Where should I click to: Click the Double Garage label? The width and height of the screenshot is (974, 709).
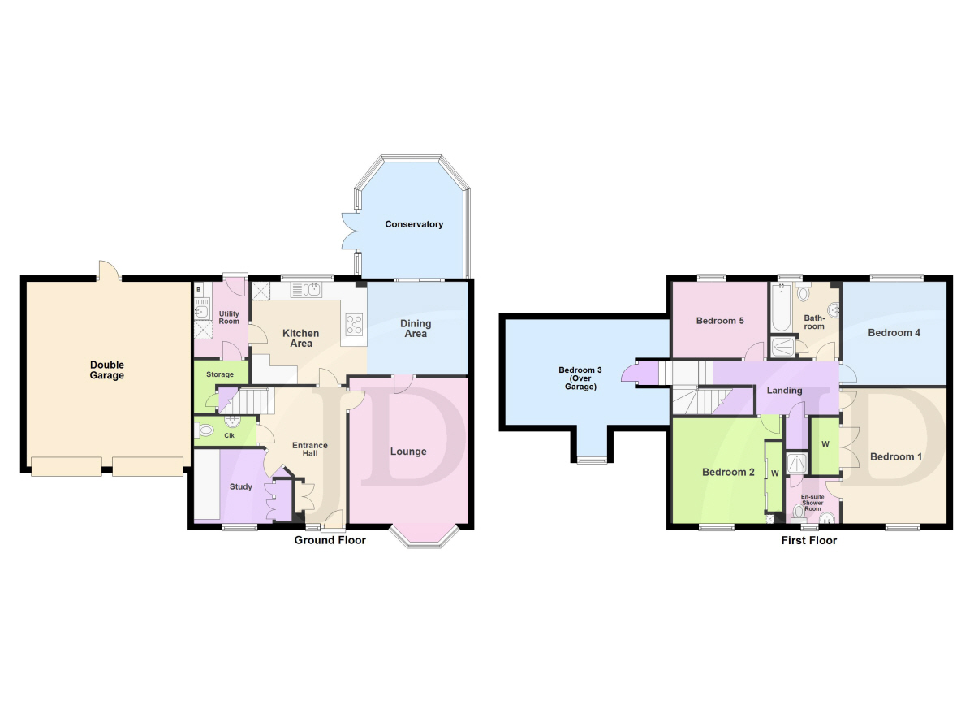[107, 370]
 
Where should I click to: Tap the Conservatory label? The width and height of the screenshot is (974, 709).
[414, 224]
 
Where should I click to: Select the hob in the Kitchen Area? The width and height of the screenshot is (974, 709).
[354, 325]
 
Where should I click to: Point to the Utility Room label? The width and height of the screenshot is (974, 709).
[229, 318]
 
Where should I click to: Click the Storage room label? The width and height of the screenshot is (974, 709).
[220, 374]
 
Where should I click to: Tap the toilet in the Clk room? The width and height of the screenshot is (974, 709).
[205, 430]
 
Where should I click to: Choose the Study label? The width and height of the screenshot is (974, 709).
[241, 486]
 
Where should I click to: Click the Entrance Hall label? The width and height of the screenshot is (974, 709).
[310, 449]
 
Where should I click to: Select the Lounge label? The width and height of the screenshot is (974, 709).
[408, 452]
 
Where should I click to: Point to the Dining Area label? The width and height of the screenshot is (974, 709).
[416, 328]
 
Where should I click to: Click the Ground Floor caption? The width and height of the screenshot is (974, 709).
[330, 540]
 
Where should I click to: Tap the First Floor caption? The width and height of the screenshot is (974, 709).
[809, 541]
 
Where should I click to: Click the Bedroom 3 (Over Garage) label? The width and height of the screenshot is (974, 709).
[580, 378]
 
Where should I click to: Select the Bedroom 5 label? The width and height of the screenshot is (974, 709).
[720, 321]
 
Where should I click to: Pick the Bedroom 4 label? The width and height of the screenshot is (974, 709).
[894, 333]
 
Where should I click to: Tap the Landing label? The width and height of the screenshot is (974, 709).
[784, 391]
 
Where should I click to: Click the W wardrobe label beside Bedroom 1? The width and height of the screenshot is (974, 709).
[825, 444]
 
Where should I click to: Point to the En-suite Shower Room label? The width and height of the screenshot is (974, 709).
[812, 503]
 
